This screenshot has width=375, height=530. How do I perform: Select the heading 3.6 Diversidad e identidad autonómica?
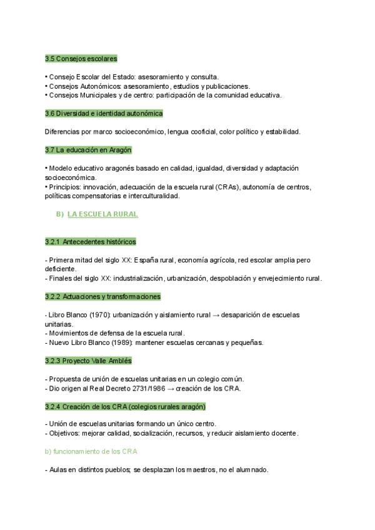[x=104, y=114]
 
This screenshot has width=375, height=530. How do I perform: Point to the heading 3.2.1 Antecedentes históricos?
[x=90, y=242]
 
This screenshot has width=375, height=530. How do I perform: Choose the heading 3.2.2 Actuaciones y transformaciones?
[x=102, y=296]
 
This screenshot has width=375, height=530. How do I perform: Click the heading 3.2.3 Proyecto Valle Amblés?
[x=88, y=361]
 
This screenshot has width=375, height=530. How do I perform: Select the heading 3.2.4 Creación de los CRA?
[x=125, y=406]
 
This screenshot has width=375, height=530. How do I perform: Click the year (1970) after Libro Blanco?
[x=94, y=315]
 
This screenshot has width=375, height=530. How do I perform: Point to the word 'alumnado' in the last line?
[x=251, y=470]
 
